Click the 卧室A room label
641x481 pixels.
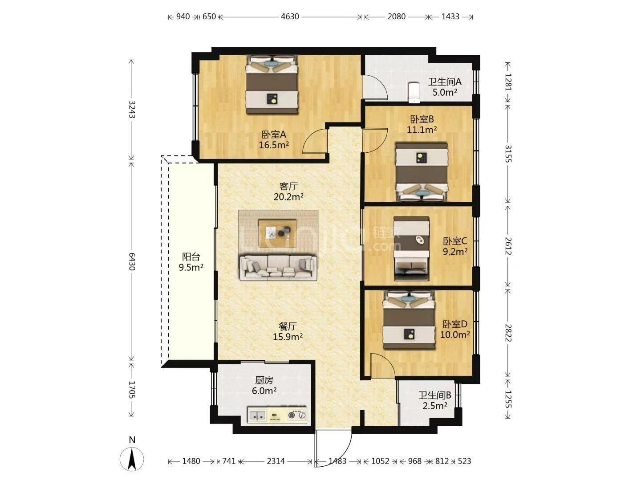(x=274, y=135)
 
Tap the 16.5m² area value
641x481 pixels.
(x=274, y=145)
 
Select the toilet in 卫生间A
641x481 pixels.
(x=414, y=93)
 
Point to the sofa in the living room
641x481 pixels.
(x=278, y=268)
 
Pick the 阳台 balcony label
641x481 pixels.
(x=191, y=257)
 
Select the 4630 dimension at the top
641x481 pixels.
(x=290, y=16)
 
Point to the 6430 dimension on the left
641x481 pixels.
(x=132, y=261)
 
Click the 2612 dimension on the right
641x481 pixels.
(x=508, y=246)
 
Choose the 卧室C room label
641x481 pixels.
(x=455, y=241)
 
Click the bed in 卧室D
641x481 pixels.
(x=409, y=320)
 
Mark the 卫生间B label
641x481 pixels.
(x=435, y=395)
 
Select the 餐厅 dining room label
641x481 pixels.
(x=288, y=326)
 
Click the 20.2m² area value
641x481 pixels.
(x=288, y=197)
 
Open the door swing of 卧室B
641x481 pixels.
(x=375, y=140)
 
